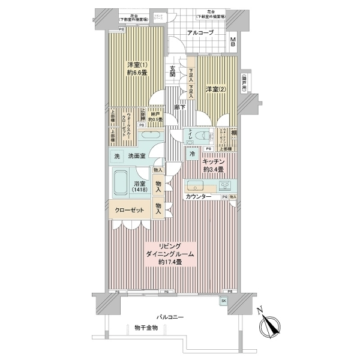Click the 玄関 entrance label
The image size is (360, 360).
173,70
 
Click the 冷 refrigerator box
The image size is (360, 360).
193,154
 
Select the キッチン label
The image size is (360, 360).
213,161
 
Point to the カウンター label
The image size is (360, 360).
199,197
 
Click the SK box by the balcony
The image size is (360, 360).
224,300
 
